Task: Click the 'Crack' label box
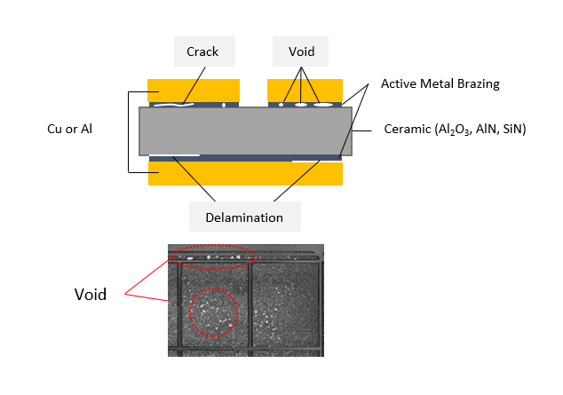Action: pyautogui.click(x=202, y=52)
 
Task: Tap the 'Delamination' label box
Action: pyautogui.click(x=245, y=217)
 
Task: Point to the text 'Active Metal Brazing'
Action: pyautogui.click(x=440, y=84)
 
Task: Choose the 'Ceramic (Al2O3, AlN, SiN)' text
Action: pyautogui.click(x=455, y=130)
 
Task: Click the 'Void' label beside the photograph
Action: pyautogui.click(x=90, y=294)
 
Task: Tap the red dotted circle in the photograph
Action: pyautogui.click(x=214, y=312)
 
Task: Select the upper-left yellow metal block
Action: pyautogui.click(x=194, y=90)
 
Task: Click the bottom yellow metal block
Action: pyautogui.click(x=245, y=174)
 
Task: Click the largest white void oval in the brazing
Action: pyautogui.click(x=323, y=105)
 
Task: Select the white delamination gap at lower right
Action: pyautogui.click(x=316, y=161)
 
